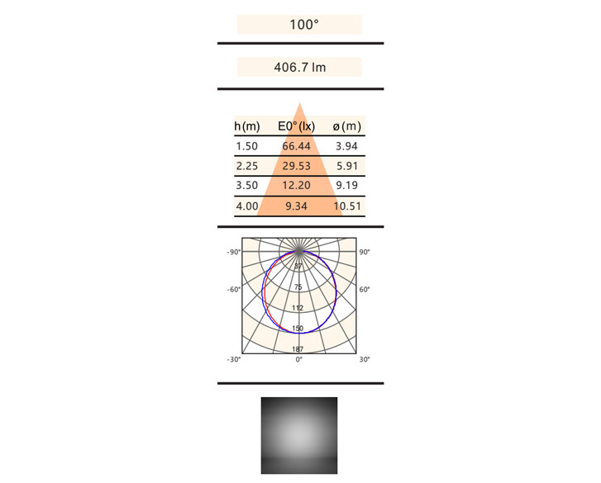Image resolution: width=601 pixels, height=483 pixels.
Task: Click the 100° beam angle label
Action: pyautogui.click(x=304, y=25)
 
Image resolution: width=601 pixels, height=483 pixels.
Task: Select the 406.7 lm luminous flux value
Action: pyautogui.click(x=300, y=68)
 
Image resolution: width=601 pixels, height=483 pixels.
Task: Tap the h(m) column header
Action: pyautogui.click(x=247, y=126)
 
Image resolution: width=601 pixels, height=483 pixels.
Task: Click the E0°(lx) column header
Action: pyautogui.click(x=296, y=126)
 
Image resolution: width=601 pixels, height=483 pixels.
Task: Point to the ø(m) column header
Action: pyautogui.click(x=347, y=126)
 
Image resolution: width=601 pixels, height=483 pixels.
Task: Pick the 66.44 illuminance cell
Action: pyautogui.click(x=296, y=146)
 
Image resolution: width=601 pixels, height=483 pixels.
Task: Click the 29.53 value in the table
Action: pyautogui.click(x=296, y=166)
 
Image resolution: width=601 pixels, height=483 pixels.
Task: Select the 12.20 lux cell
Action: pyautogui.click(x=296, y=186)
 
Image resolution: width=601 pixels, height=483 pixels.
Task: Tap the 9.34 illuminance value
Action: pyautogui.click(x=296, y=206)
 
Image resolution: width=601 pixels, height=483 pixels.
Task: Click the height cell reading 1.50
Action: pyautogui.click(x=247, y=146)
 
